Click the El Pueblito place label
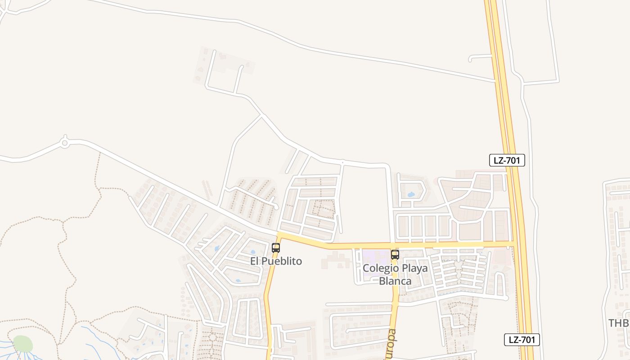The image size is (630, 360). click(x=276, y=261)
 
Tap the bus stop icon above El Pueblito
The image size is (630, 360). click(x=276, y=247)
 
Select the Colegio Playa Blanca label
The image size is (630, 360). click(x=395, y=274)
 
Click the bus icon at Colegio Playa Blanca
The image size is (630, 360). click(x=395, y=254)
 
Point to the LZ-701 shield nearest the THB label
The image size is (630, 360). click(x=522, y=340)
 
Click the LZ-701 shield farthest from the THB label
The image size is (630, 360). click(x=507, y=160)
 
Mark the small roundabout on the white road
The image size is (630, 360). click(x=64, y=143)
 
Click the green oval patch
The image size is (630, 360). click(x=22, y=344)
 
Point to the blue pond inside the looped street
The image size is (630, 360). click(x=410, y=195)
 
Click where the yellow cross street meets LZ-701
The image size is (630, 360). click(x=515, y=244)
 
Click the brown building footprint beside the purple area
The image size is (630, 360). click(x=336, y=260)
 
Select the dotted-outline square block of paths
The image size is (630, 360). click(x=323, y=209)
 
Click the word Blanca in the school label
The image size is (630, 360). click(x=395, y=281)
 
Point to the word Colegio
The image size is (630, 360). click(x=380, y=268)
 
